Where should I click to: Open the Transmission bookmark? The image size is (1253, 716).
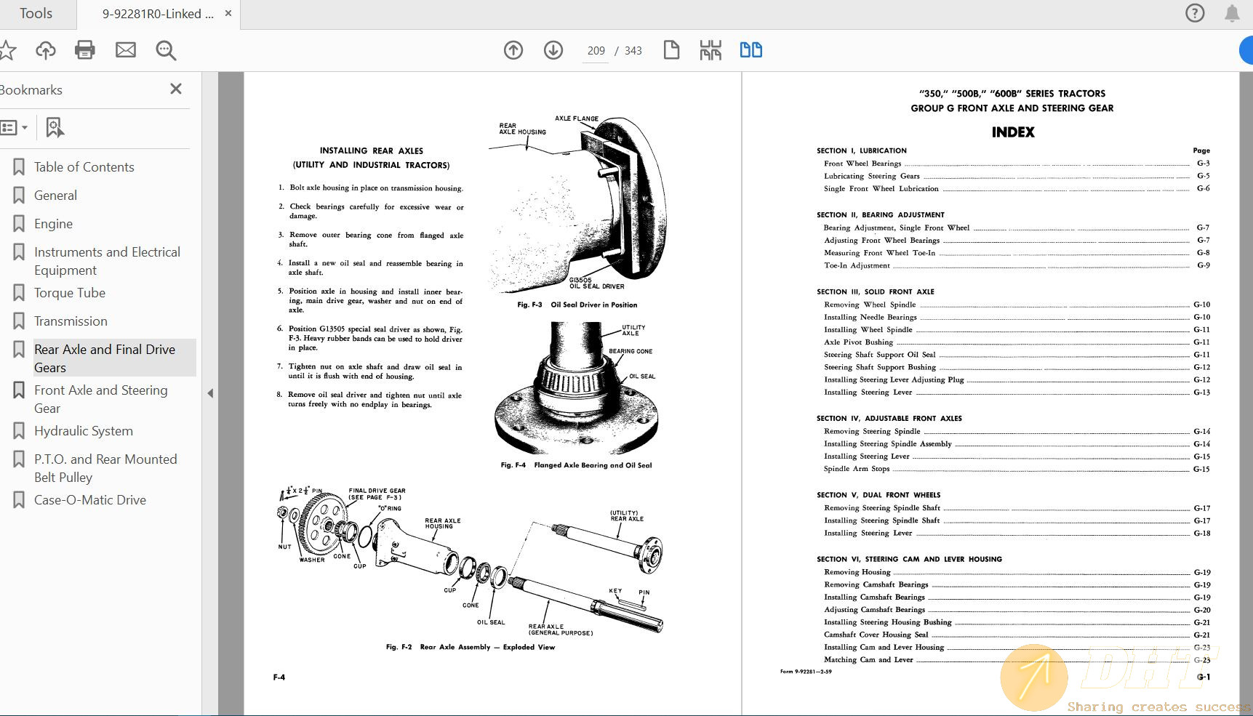pyautogui.click(x=71, y=321)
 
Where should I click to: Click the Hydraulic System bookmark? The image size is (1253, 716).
pyautogui.click(x=83, y=431)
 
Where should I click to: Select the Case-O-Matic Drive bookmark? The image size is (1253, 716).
pyautogui.click(x=89, y=500)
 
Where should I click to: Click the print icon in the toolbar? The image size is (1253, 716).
pyautogui.click(x=85, y=50)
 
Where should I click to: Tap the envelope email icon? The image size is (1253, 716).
pyautogui.click(x=126, y=50)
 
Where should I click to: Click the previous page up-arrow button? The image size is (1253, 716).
pyautogui.click(x=513, y=50)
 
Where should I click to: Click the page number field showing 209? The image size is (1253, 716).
pyautogui.click(x=596, y=51)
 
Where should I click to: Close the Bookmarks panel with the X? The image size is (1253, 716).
pyautogui.click(x=175, y=89)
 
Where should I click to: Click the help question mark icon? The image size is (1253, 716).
pyautogui.click(x=1195, y=13)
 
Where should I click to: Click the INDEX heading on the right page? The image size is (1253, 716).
pyautogui.click(x=1012, y=132)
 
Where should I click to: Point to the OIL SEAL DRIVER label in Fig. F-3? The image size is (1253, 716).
pyautogui.click(x=596, y=286)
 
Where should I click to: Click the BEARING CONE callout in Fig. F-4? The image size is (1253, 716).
pyautogui.click(x=630, y=351)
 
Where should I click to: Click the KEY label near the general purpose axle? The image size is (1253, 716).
pyautogui.click(x=615, y=591)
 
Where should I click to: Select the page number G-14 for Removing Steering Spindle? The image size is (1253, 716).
pyautogui.click(x=1201, y=432)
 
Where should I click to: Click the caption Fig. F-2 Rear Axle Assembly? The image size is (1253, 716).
pyautogui.click(x=470, y=647)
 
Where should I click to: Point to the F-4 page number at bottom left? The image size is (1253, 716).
pyautogui.click(x=279, y=677)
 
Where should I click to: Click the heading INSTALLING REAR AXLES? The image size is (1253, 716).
pyautogui.click(x=371, y=151)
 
